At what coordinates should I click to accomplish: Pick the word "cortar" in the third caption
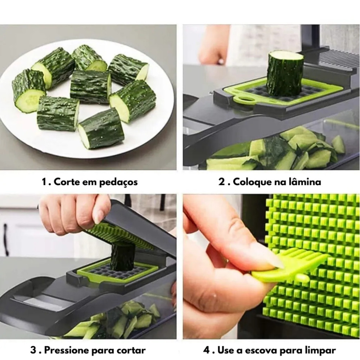coord(131,351)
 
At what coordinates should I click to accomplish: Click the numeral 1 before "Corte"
coord(45,182)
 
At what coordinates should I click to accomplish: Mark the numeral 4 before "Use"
coord(206,351)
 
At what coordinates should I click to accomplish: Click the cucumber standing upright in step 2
coord(285,73)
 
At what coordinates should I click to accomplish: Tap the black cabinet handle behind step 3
coord(6,239)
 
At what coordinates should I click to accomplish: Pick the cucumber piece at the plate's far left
coord(29,91)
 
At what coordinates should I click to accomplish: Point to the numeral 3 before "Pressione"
coord(33,350)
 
